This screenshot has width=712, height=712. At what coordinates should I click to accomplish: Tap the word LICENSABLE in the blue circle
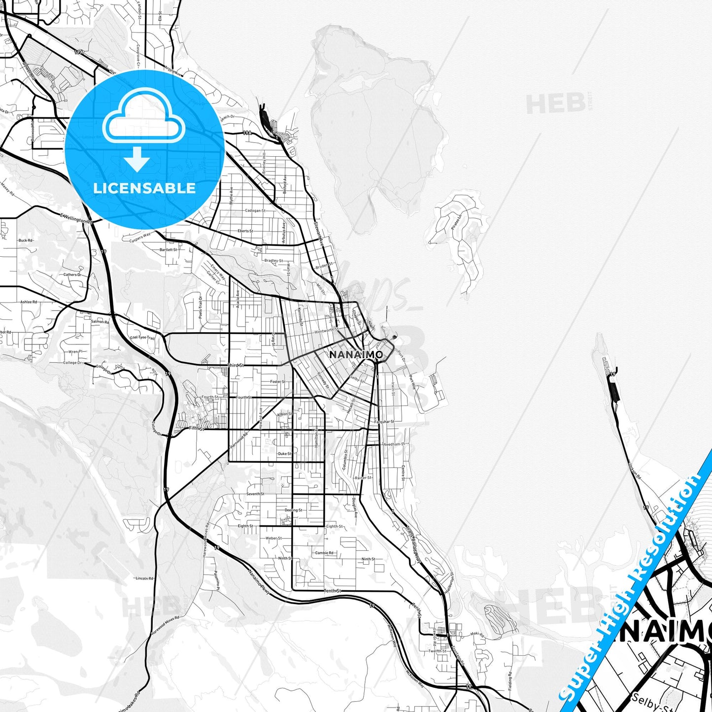[x=144, y=188]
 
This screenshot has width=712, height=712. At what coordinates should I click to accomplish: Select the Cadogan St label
[x=255, y=211]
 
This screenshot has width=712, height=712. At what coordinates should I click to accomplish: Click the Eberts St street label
[x=245, y=231]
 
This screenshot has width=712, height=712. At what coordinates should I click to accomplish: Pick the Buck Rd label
[x=26, y=240]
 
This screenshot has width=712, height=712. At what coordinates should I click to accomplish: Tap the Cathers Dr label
[x=72, y=275]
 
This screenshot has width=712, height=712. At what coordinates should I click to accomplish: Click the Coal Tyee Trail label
[x=142, y=338]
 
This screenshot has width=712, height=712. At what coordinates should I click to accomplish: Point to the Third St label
[x=236, y=365]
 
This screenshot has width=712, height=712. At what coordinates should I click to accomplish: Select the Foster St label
[x=277, y=382]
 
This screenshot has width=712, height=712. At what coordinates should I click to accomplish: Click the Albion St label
[x=282, y=414]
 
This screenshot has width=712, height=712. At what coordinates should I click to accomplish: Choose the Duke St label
[x=284, y=454]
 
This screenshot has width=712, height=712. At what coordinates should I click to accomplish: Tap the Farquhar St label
[x=384, y=422]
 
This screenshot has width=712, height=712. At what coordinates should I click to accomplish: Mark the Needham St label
[x=394, y=444]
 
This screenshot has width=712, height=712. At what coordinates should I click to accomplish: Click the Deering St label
[x=293, y=510]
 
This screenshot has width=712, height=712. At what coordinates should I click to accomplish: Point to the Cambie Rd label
[x=324, y=553]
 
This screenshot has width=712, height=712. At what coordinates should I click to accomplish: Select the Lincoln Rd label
[x=144, y=578]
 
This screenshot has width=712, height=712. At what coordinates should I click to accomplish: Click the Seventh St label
[x=255, y=494]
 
